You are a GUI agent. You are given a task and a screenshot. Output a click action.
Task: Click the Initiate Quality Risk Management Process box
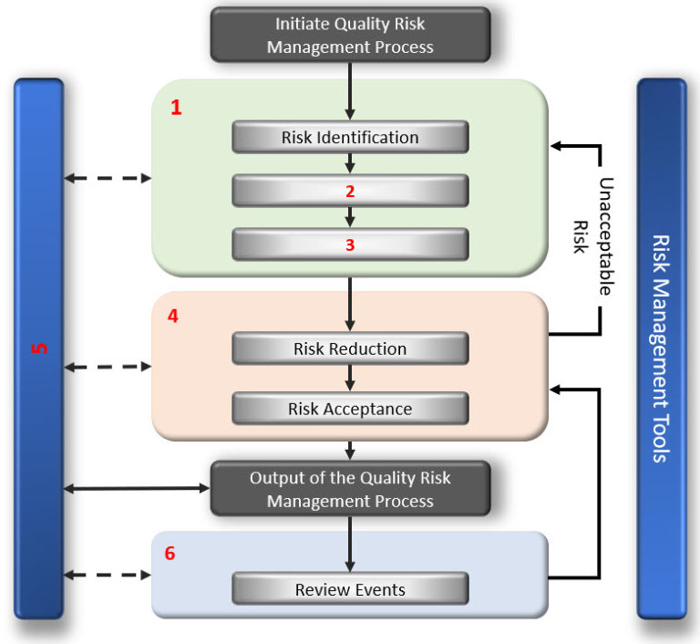click(x=350, y=35)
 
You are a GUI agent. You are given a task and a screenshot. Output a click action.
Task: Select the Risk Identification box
click(x=350, y=138)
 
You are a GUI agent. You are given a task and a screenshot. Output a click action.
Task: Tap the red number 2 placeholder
click(x=350, y=191)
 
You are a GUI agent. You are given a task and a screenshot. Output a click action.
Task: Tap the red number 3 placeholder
click(x=350, y=244)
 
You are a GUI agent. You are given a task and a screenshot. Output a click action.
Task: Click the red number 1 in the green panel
click(x=177, y=108)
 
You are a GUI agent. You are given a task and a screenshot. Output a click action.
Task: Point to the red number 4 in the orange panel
click(x=173, y=317)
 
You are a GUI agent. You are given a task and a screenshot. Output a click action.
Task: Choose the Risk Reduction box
click(x=350, y=348)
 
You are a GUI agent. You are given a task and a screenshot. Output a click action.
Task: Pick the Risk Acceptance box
click(x=350, y=409)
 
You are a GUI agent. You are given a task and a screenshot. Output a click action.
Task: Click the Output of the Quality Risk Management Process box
click(x=350, y=489)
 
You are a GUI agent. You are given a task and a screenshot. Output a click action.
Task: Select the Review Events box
click(x=350, y=589)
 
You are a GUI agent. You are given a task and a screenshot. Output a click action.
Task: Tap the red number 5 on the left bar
click(x=39, y=349)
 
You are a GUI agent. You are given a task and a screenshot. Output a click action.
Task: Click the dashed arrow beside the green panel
click(x=108, y=178)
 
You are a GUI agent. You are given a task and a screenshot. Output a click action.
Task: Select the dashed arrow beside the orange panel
click(x=108, y=368)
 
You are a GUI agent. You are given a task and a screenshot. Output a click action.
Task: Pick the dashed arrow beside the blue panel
click(x=108, y=576)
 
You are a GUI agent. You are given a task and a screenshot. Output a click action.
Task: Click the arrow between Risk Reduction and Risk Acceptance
click(x=350, y=379)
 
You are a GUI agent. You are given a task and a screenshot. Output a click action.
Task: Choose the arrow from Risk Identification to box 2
click(x=350, y=163)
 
